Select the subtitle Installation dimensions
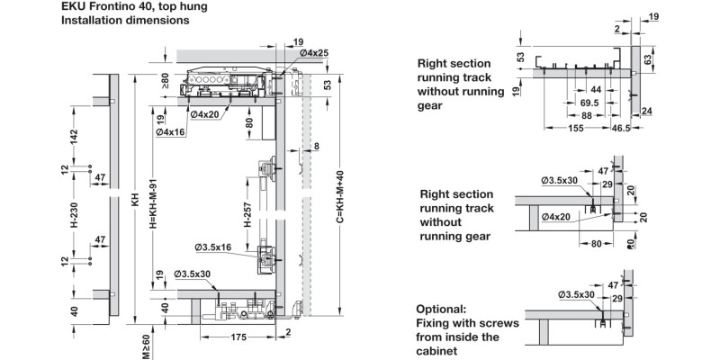click(x=125, y=20)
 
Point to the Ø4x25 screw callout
click(x=313, y=54)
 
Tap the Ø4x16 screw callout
click(x=170, y=132)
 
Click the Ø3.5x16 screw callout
click(x=213, y=247)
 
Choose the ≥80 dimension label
click(x=166, y=82)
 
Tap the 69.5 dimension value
click(x=590, y=103)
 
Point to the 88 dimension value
click(x=586, y=116)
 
